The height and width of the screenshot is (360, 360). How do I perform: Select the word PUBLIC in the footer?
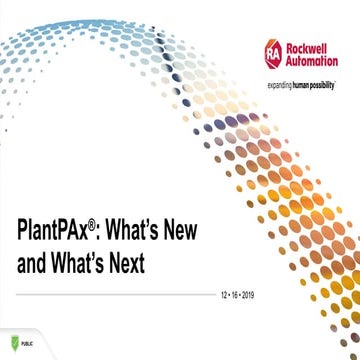30,341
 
